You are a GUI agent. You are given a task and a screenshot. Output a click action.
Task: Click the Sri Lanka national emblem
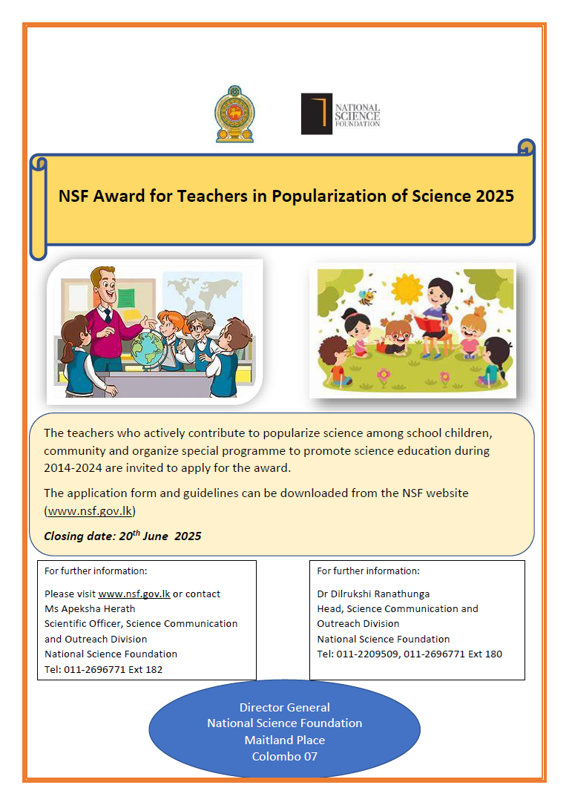pyautogui.click(x=234, y=114)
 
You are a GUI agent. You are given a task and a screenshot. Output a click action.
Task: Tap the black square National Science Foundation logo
pyautogui.click(x=316, y=114)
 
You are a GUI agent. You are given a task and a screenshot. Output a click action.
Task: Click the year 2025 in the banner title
pyautogui.click(x=495, y=196)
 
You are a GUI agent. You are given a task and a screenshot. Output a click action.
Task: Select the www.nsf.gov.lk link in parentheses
pyautogui.click(x=91, y=510)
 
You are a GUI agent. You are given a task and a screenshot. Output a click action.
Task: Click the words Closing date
pyautogui.click(x=79, y=536)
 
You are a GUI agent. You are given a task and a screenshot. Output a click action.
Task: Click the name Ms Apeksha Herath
pyautogui.click(x=90, y=608)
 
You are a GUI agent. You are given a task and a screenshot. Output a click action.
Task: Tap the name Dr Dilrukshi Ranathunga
pyautogui.click(x=373, y=594)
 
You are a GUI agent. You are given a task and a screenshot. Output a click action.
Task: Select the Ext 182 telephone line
pyautogui.click(x=103, y=669)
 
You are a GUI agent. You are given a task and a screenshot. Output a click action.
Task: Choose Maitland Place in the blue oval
pyautogui.click(x=284, y=740)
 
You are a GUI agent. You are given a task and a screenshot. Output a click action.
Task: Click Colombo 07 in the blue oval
pyautogui.click(x=284, y=756)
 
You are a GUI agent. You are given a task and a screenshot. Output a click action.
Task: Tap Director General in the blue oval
pyautogui.click(x=284, y=707)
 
